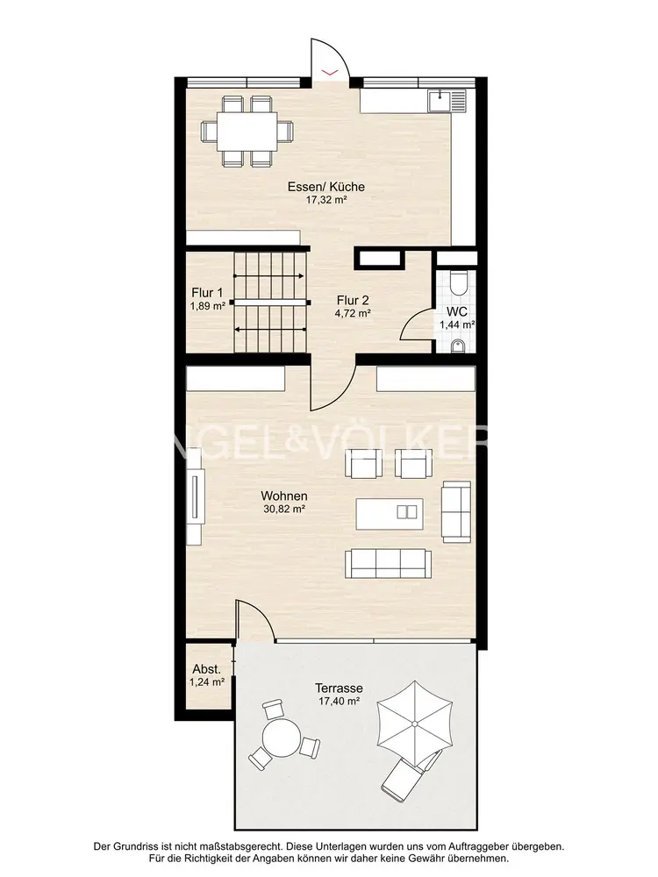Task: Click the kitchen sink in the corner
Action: point(447,101)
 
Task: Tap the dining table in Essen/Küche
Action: point(247,131)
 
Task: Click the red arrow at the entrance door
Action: point(330,72)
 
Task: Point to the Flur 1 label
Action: point(207,293)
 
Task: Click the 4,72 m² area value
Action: point(353,314)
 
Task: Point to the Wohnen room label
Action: point(284,496)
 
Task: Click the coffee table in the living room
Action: point(390,513)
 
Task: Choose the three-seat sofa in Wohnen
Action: point(389,563)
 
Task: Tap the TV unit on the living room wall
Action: point(195,496)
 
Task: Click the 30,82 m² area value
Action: point(284,509)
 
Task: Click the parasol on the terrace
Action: point(415,724)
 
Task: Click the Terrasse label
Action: point(339,688)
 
